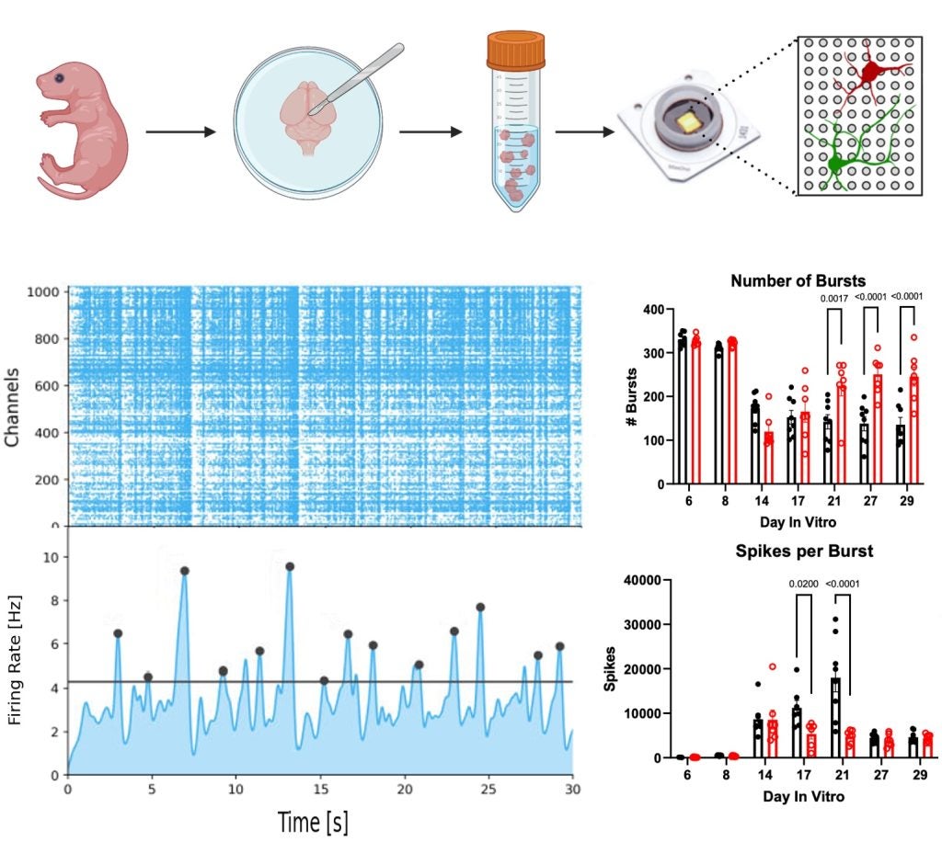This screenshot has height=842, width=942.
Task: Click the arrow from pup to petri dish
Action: pos(179,132)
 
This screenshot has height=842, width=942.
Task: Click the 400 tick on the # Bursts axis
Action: pos(654,310)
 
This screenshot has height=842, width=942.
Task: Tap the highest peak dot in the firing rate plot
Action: pos(289,566)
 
